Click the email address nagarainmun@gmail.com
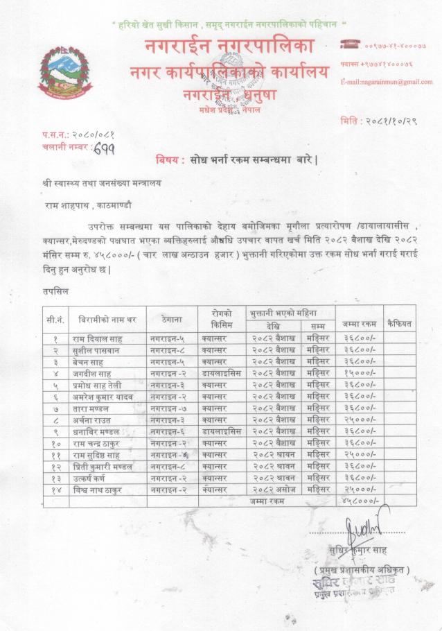click(386, 82)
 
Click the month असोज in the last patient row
click(283, 490)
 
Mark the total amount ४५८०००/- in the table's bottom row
click(356, 501)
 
